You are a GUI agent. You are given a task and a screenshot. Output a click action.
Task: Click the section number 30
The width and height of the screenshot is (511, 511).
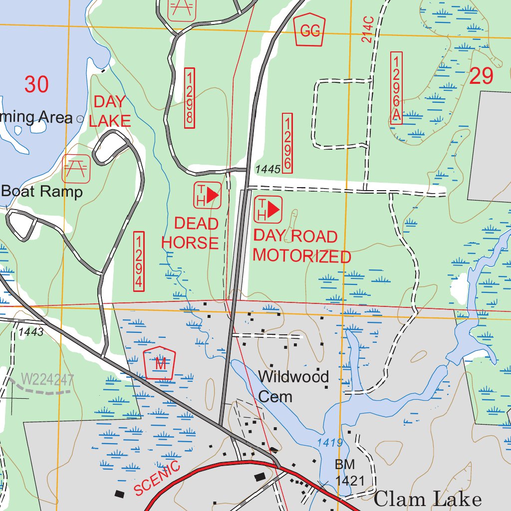pyautogui.click(x=36, y=84)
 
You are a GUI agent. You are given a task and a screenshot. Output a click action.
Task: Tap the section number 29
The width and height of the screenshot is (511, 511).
pyautogui.click(x=481, y=76)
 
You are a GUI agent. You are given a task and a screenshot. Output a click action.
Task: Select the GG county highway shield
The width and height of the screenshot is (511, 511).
pyautogui.click(x=309, y=30)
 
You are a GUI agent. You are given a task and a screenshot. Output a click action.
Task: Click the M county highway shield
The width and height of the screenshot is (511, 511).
pyautogui.click(x=160, y=364)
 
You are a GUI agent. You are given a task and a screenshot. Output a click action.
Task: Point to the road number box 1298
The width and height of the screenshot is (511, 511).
pyautogui.click(x=189, y=98)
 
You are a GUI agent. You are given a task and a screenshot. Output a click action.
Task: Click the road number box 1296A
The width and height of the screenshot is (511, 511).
pyautogui.click(x=397, y=87)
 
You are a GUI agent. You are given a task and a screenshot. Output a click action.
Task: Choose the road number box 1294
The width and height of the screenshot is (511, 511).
pyautogui.click(x=139, y=261)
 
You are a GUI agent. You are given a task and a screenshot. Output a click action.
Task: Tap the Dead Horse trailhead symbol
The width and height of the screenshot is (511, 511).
pyautogui.click(x=207, y=195)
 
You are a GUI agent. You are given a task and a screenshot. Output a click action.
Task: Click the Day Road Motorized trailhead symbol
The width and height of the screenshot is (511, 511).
pyautogui.click(x=268, y=210)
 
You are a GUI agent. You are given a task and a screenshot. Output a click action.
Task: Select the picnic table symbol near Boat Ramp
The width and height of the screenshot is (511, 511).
pyautogui.click(x=76, y=168)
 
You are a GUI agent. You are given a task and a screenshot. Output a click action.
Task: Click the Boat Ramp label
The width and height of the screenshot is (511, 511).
pyautogui.click(x=42, y=192)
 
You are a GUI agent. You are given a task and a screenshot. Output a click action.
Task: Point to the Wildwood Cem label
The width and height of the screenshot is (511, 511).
pyautogui.click(x=293, y=386)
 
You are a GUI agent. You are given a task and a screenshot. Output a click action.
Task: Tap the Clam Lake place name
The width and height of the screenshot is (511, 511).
pyautogui.click(x=427, y=499)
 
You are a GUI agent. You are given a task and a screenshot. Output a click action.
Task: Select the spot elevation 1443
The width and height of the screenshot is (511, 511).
pyautogui.click(x=31, y=331)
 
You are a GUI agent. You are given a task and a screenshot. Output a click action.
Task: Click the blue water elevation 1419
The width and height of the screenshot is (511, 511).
pyautogui.click(x=329, y=443)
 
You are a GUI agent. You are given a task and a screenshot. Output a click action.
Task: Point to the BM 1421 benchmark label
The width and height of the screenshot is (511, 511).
pyautogui.click(x=345, y=473)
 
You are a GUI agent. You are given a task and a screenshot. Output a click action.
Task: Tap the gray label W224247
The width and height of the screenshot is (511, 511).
pyautogui.click(x=48, y=380)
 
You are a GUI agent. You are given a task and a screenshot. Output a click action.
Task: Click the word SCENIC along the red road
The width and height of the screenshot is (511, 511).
pyautogui.click(x=157, y=478)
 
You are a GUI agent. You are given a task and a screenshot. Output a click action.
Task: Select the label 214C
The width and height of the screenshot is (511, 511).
pyautogui.click(x=368, y=29)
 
